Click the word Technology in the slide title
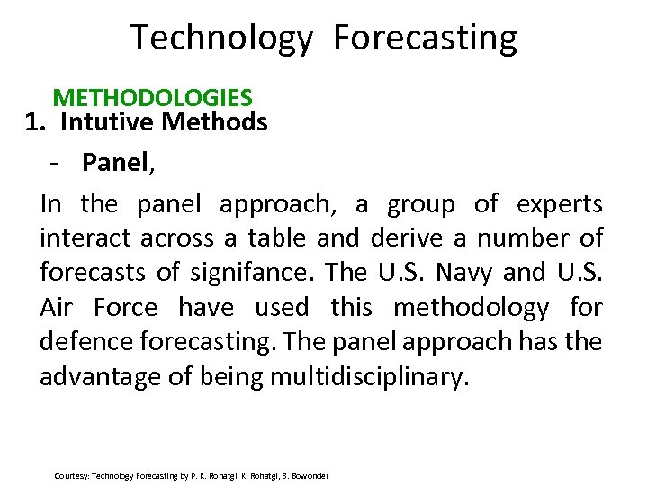pyautogui.click(x=221, y=39)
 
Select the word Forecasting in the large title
pyautogui.click(x=425, y=39)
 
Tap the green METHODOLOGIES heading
pyautogui.click(x=152, y=96)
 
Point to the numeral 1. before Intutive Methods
pyautogui.click(x=35, y=121)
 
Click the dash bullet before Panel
pyautogui.click(x=56, y=163)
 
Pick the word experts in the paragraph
pyautogui.click(x=559, y=204)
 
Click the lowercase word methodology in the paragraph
pyautogui.click(x=471, y=308)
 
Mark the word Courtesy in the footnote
pyautogui.click(x=71, y=475)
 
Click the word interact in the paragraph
pyautogui.click(x=83, y=238)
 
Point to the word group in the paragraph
pyautogui.click(x=420, y=204)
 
